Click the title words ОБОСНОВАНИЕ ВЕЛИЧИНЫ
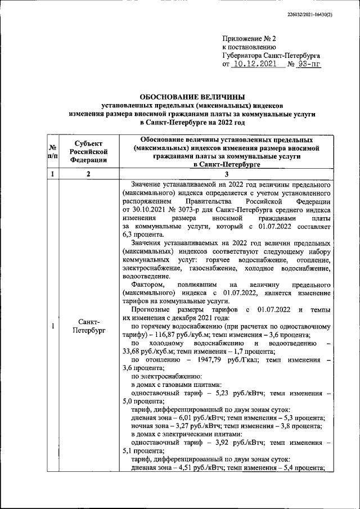193,97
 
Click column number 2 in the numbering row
88,174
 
